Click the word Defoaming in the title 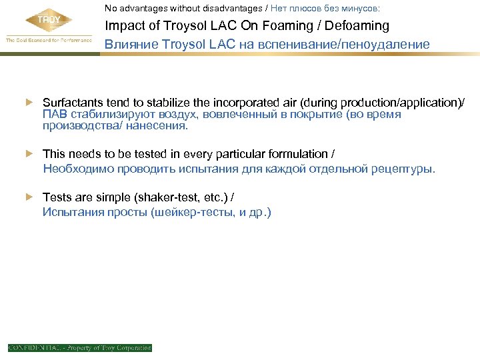click(x=357, y=26)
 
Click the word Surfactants click(x=72, y=103)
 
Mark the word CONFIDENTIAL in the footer click(x=33, y=348)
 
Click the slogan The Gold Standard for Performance click(x=48, y=40)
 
